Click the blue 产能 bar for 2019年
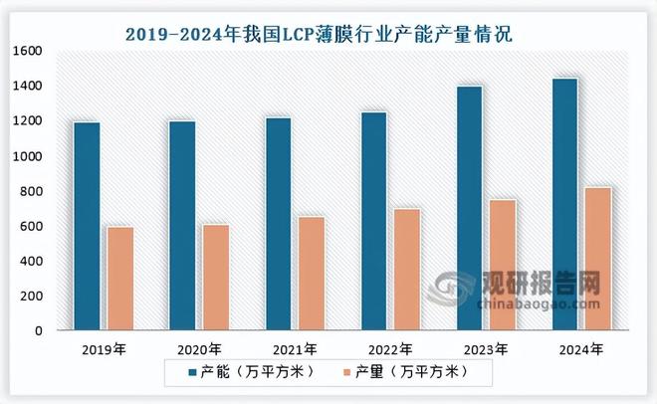[x=87, y=226]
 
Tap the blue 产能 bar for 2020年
[x=182, y=226]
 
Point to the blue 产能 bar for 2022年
[x=374, y=221]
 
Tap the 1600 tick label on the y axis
[x=28, y=52]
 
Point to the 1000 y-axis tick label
[x=28, y=156]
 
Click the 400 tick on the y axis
[x=32, y=261]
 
